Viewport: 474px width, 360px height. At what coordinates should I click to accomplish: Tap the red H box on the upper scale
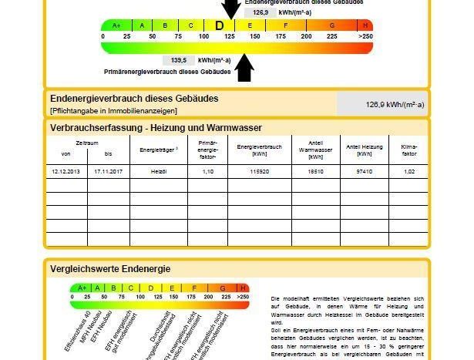pyautogui.click(x=365, y=25)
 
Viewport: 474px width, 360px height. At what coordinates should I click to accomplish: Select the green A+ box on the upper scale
pyautogui.click(x=116, y=25)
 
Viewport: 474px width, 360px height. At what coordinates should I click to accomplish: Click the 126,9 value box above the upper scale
pyautogui.click(x=261, y=12)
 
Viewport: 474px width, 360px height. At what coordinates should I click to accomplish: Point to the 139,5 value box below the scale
pyautogui.click(x=178, y=60)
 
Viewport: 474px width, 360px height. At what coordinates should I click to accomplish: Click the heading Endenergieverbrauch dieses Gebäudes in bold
pyautogui.click(x=134, y=99)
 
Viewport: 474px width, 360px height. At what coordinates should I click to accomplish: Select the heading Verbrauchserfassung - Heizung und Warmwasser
pyautogui.click(x=156, y=127)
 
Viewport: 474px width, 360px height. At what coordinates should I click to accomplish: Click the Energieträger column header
pyautogui.click(x=159, y=150)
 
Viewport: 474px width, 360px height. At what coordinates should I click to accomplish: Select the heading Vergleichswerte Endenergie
pyautogui.click(x=110, y=269)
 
